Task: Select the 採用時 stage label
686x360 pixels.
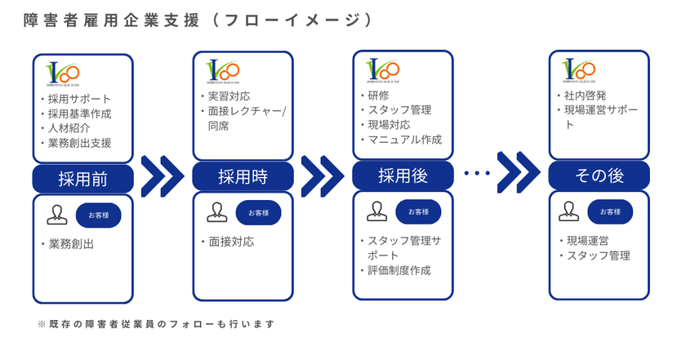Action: click(243, 176)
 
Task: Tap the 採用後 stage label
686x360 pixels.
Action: click(403, 176)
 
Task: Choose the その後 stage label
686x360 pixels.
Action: click(599, 176)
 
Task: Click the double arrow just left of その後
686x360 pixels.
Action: click(519, 172)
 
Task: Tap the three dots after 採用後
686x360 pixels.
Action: click(475, 173)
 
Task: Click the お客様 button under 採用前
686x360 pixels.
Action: click(104, 214)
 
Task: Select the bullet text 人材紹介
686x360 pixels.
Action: click(69, 128)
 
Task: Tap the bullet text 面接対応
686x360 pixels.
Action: click(230, 242)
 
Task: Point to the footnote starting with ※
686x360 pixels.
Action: click(156, 324)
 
